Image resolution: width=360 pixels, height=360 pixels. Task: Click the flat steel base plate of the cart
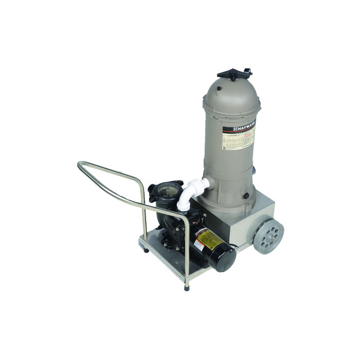tap(170, 257)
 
